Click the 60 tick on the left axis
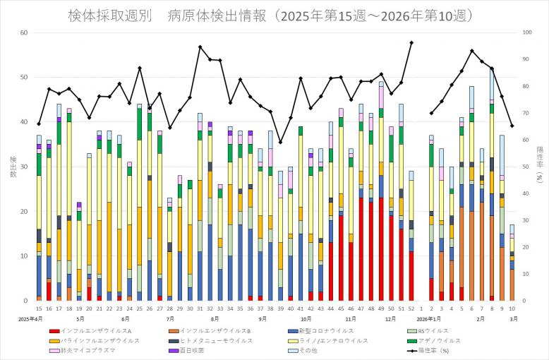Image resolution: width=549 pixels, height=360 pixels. [x=24, y=32]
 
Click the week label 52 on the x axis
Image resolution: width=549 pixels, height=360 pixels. [x=411, y=308]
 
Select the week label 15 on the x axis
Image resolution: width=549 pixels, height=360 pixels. [x=39, y=308]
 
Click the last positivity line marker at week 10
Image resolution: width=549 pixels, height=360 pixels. [x=512, y=126]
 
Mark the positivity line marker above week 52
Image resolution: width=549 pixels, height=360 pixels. [x=411, y=42]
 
